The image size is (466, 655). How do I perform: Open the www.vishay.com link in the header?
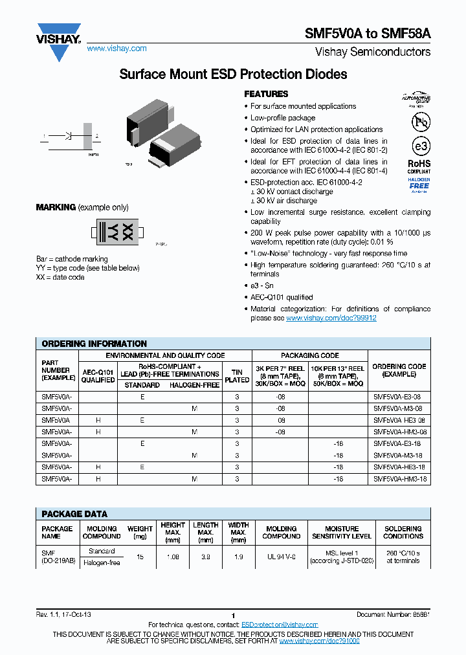point(116,49)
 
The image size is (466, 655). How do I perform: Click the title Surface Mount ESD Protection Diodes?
point(233,74)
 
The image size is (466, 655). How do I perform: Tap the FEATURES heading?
point(266,94)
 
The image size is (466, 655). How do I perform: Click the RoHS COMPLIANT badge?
point(419,168)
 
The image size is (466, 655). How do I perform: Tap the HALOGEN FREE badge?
point(419,184)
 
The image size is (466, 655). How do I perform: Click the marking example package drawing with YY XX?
point(116,231)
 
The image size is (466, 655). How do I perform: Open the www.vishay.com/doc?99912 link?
point(331,318)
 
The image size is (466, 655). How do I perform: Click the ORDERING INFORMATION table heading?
point(94,344)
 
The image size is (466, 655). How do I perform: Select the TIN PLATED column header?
point(237,376)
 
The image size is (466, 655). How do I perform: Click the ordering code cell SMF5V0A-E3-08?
point(398,397)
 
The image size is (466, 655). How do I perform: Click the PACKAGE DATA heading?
point(74,514)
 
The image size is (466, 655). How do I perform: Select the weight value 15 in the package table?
point(140,557)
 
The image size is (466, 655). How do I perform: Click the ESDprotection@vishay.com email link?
point(280,625)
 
